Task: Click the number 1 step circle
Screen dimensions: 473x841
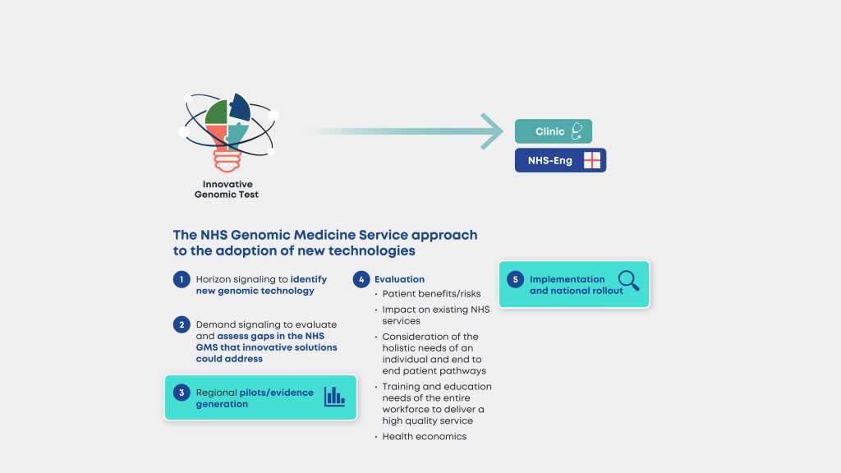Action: point(181,280)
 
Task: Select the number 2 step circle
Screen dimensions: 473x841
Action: point(181,325)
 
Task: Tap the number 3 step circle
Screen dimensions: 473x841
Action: point(181,393)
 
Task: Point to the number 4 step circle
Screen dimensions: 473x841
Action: point(360,280)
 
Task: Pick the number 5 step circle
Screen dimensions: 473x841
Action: point(515,280)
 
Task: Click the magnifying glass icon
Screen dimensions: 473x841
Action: point(629,282)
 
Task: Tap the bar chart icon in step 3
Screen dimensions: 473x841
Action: point(334,397)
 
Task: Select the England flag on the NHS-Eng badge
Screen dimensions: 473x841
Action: point(592,161)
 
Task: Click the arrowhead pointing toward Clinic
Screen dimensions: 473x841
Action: point(492,131)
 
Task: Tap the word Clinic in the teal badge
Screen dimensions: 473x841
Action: point(549,132)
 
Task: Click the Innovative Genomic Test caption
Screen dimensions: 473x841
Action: point(227,190)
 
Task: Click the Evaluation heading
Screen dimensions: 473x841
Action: point(399,280)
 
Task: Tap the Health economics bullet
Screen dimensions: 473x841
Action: point(424,437)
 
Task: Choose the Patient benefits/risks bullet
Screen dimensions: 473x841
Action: point(431,294)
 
